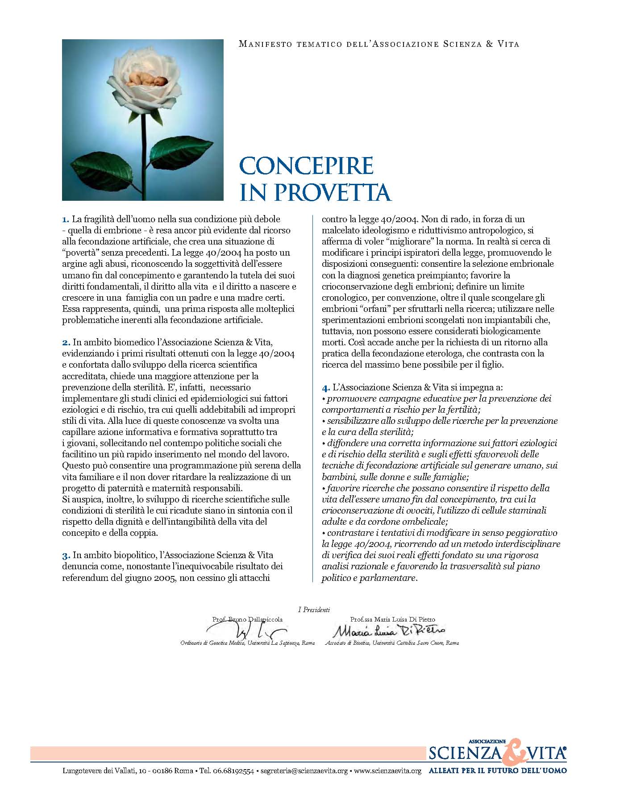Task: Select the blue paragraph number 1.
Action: click(66, 220)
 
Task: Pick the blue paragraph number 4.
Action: click(326, 387)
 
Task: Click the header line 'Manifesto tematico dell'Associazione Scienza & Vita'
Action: click(379, 44)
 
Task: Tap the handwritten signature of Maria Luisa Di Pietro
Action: click(389, 631)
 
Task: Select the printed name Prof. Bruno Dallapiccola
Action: click(247, 619)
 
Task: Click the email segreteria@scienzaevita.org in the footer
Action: click(304, 771)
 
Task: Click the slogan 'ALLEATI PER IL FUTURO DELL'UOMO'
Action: click(497, 771)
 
